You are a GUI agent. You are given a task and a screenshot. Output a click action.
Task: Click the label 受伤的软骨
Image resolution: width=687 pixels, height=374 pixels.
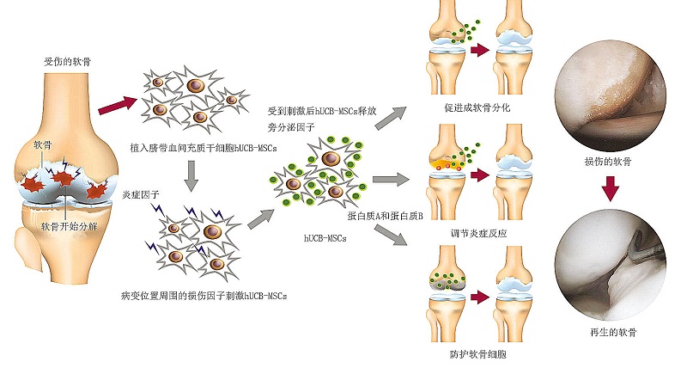(x=64, y=62)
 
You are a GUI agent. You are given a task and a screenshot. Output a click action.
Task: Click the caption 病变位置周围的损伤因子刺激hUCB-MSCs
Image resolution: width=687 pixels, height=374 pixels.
(x=204, y=295)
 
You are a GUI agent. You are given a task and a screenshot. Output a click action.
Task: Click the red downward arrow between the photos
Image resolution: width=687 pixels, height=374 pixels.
(x=611, y=186)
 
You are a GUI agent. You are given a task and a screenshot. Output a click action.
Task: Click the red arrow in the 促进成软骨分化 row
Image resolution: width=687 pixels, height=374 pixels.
(x=481, y=50)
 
